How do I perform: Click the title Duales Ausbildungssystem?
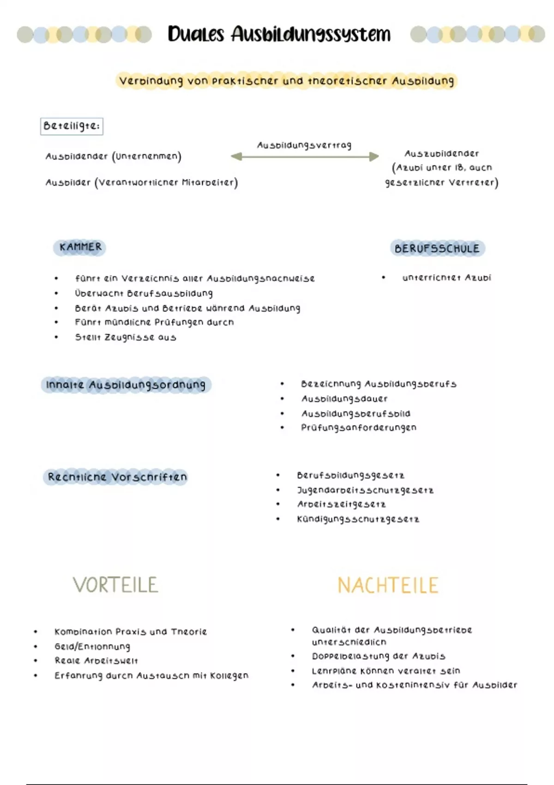279,34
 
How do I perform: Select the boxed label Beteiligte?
72,126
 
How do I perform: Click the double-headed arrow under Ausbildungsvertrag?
305,157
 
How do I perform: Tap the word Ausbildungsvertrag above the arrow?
304,145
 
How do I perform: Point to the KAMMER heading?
80,247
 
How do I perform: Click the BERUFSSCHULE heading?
437,248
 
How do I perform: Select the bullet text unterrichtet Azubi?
446,278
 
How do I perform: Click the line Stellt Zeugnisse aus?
126,337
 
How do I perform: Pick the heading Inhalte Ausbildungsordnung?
126,385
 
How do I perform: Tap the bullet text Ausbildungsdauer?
344,399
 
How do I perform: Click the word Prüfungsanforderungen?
359,428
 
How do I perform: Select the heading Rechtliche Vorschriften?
117,477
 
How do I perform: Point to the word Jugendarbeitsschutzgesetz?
365,490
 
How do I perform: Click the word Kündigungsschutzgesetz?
358,519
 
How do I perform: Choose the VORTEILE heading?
115,585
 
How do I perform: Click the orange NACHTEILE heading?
388,586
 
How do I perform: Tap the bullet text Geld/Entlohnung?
92,646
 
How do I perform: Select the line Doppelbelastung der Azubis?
379,656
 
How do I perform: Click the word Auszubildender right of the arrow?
442,153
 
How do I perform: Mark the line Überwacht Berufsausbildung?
144,293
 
